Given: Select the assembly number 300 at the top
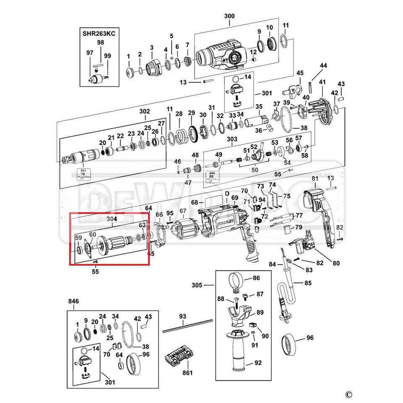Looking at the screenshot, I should point(230,16).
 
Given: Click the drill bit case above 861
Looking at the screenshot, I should point(179,357).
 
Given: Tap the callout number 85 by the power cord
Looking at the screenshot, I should point(308,283).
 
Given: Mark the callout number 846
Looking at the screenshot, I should point(74,301).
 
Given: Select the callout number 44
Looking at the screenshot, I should point(323,65).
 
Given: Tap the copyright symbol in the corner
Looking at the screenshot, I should point(348,394).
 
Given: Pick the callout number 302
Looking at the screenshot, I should point(144,112).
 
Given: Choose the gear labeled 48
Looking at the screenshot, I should point(195,168).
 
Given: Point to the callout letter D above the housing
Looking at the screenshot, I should point(227,194).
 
